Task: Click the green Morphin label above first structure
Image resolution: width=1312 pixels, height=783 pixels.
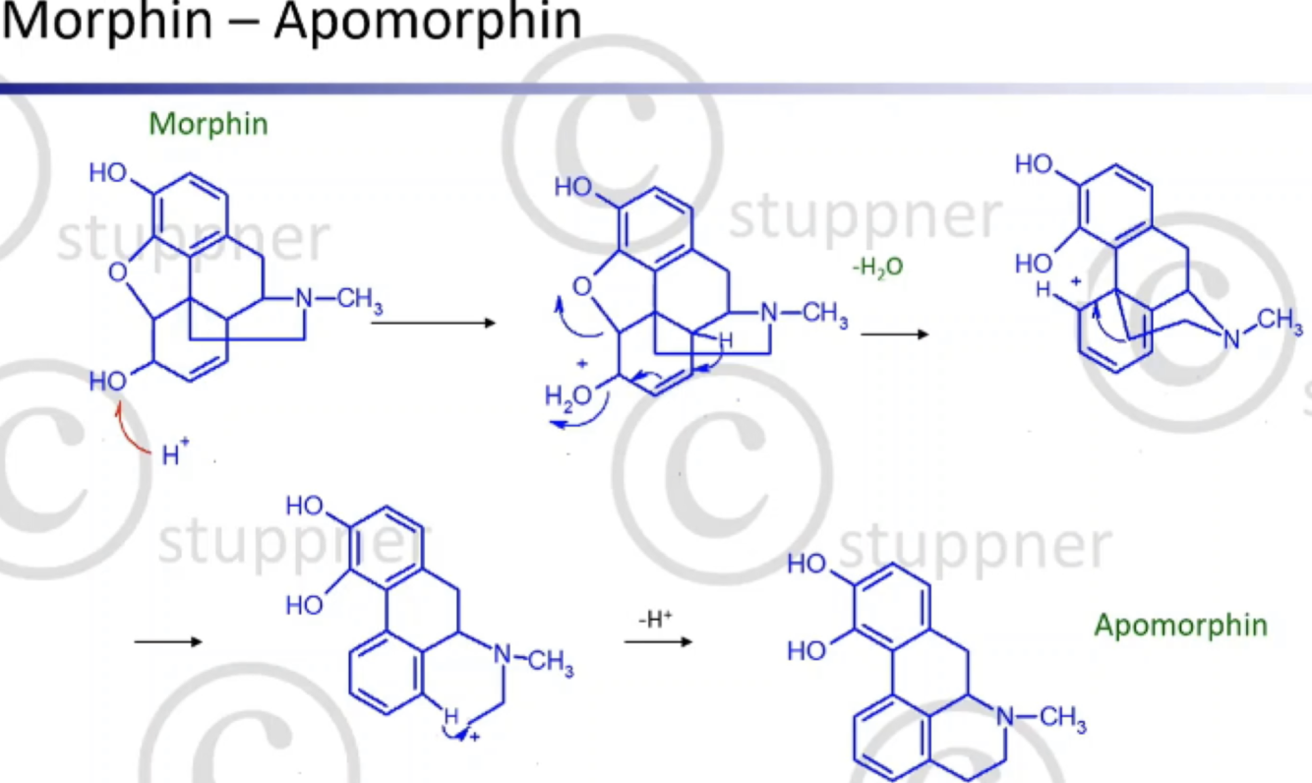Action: tap(209, 124)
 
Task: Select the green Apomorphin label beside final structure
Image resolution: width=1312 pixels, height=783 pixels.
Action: tap(1180, 625)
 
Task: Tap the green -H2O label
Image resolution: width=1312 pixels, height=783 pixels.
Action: tap(877, 266)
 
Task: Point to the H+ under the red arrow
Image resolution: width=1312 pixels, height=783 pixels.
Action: tap(175, 455)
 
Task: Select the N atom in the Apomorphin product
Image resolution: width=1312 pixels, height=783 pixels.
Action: tap(1004, 718)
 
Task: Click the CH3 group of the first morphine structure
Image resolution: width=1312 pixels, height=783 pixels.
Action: tap(359, 300)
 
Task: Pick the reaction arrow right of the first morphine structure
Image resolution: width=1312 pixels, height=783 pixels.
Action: tap(433, 322)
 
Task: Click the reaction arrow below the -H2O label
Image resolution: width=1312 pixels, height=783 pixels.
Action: tap(894, 334)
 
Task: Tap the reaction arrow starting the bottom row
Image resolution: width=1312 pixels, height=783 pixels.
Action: tap(167, 642)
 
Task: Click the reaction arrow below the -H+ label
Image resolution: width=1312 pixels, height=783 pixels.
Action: tap(657, 642)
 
